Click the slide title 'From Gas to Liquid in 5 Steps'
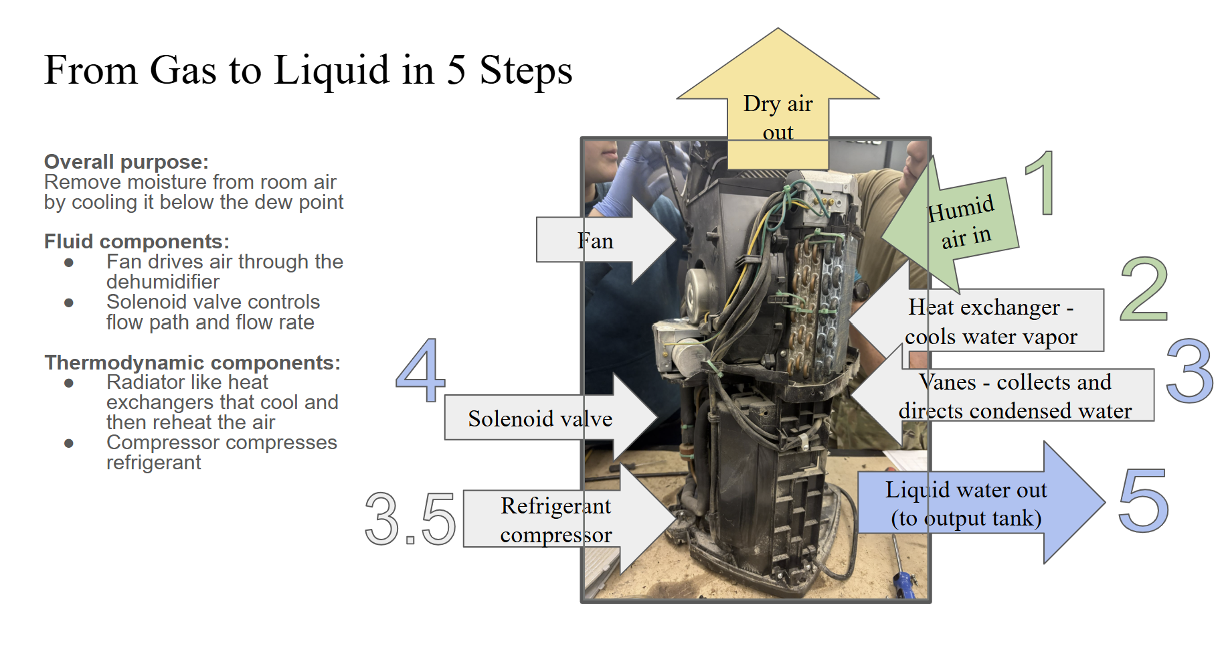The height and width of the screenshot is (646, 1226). [x=308, y=70]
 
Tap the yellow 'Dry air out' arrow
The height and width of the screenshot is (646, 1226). [x=778, y=100]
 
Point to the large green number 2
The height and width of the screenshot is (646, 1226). [x=1144, y=289]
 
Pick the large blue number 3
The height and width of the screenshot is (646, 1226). [x=1189, y=370]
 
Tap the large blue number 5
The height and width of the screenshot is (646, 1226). [x=1143, y=501]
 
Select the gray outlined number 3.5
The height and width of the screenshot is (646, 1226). [x=410, y=519]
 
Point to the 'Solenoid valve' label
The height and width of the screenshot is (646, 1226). [x=539, y=418]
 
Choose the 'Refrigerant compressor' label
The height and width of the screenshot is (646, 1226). [x=555, y=519]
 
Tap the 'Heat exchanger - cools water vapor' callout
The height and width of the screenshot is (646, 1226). [x=990, y=321]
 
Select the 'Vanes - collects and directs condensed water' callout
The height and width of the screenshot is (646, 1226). [x=1015, y=396]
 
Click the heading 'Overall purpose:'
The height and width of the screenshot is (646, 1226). [x=126, y=162]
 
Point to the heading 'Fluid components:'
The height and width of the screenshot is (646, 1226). [x=137, y=242]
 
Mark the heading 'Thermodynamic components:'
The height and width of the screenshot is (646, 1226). [x=192, y=363]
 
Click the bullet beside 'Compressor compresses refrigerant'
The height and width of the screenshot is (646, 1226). [x=69, y=443]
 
